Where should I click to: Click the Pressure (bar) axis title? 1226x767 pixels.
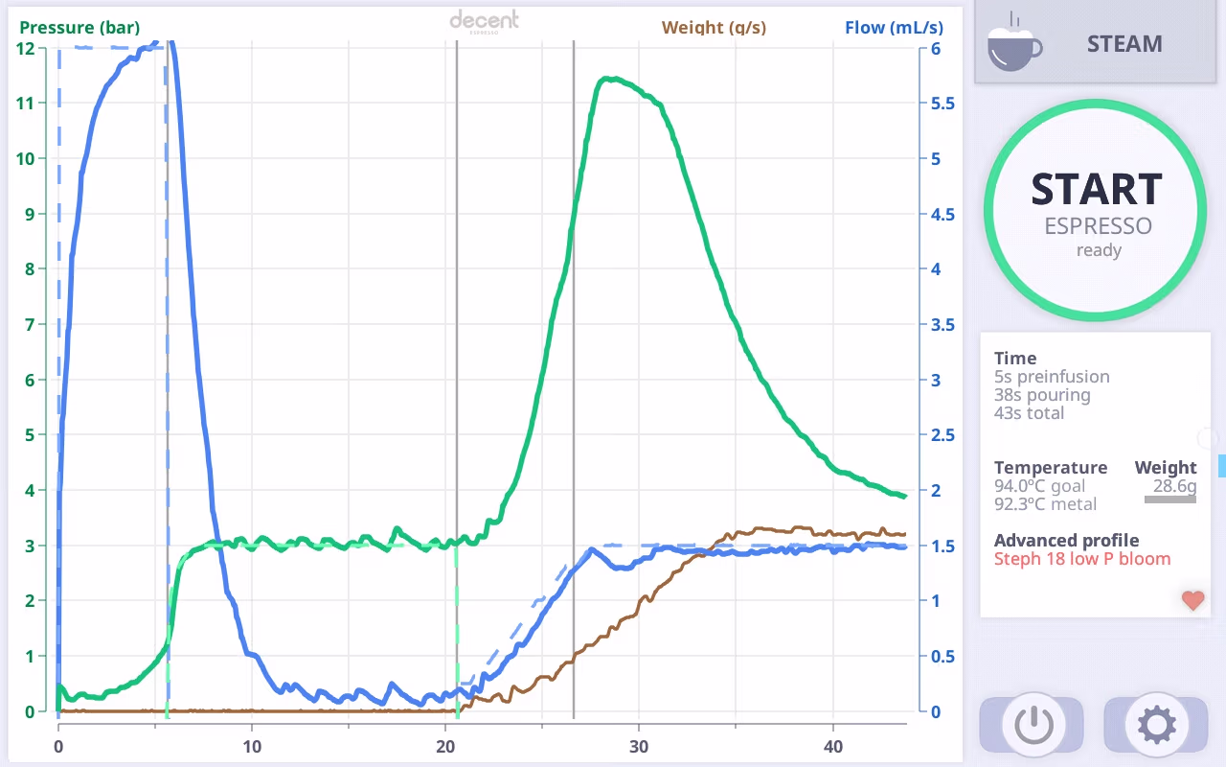pyautogui.click(x=79, y=28)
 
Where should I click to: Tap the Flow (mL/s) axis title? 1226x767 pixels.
pyautogui.click(x=894, y=28)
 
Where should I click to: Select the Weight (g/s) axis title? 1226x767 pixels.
pyautogui.click(x=714, y=28)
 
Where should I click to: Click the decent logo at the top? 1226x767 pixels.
pyautogui.click(x=484, y=22)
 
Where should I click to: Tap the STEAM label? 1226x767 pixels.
pyautogui.click(x=1124, y=44)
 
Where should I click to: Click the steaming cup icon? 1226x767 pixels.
pyautogui.click(x=1014, y=43)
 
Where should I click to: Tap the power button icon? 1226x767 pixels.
pyautogui.click(x=1033, y=725)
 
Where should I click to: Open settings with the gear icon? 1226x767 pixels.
pyautogui.click(x=1156, y=725)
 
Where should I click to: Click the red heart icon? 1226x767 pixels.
pyautogui.click(x=1193, y=600)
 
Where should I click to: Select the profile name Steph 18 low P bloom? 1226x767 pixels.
pyautogui.click(x=1082, y=559)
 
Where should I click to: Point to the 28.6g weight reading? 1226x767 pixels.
pyautogui.click(x=1174, y=486)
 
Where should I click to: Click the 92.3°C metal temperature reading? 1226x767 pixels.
pyautogui.click(x=1045, y=504)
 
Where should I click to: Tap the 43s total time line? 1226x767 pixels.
pyautogui.click(x=1029, y=413)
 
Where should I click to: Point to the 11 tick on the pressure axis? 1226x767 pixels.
pyautogui.click(x=25, y=103)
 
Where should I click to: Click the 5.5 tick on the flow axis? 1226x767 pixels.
pyautogui.click(x=942, y=103)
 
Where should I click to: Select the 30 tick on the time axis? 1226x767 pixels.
pyautogui.click(x=639, y=747)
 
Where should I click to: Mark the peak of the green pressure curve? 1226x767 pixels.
pyautogui.click(x=612, y=79)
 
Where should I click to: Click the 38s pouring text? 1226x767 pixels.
pyautogui.click(x=1042, y=395)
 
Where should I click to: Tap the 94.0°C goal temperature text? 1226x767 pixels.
pyautogui.click(x=1039, y=486)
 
